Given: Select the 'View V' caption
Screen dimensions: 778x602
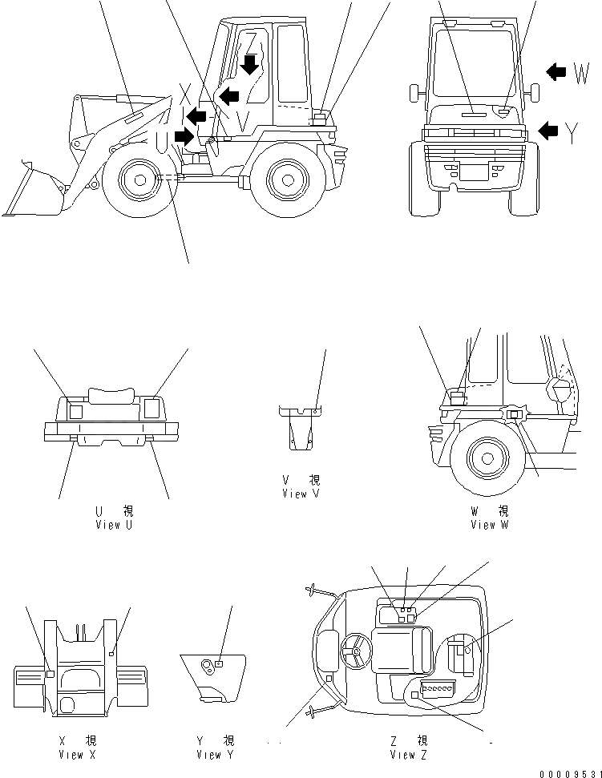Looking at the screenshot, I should (x=301, y=494).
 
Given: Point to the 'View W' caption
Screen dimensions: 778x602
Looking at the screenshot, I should (x=489, y=525).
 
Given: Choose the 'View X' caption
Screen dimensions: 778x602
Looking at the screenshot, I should (x=77, y=755).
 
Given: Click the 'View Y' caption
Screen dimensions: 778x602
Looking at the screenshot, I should (x=214, y=755).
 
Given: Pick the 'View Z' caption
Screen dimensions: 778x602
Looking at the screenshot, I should (x=408, y=755).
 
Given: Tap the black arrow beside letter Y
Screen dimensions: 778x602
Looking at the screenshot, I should (x=549, y=130).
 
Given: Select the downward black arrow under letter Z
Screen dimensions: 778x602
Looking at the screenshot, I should (x=251, y=64).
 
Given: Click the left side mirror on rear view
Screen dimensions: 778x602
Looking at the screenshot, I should (x=414, y=92).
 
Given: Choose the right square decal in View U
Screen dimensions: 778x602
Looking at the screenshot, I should (x=152, y=409).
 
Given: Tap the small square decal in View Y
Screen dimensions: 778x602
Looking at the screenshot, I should (x=219, y=663).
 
